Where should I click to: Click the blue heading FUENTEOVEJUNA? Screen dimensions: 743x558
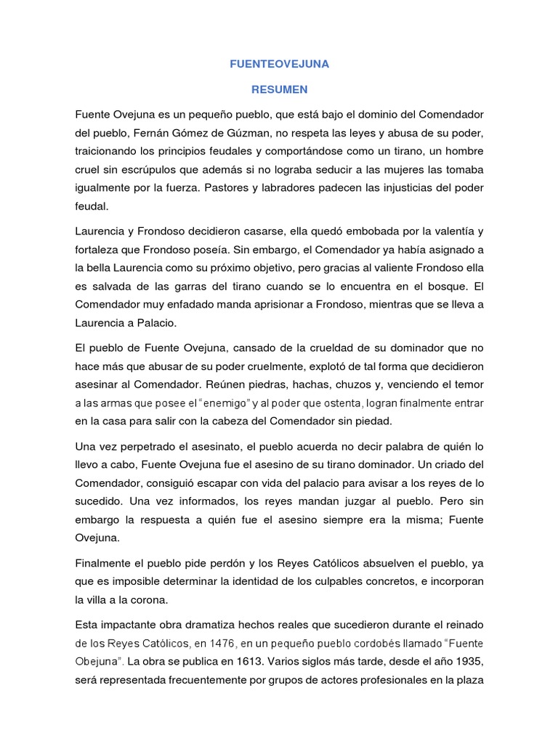pos(280,64)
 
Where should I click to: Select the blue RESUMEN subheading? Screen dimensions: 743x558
pos(280,90)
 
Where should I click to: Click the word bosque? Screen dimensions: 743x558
pos(440,286)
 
